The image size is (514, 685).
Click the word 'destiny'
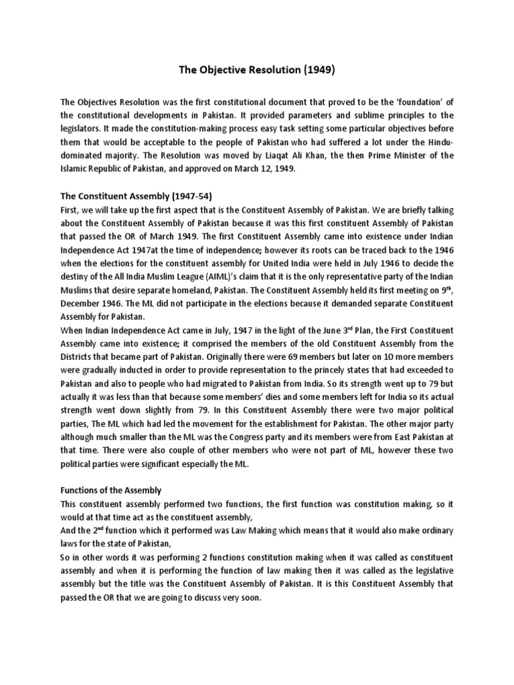pyautogui.click(x=78, y=261)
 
